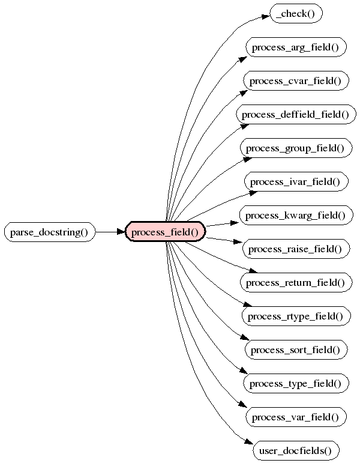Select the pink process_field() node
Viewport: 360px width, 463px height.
coord(165,232)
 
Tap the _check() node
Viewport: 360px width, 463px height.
coord(296,13)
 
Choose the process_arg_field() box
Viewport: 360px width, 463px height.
coord(296,47)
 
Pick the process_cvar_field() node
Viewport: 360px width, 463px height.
coord(296,80)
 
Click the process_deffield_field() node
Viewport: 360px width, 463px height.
coord(296,114)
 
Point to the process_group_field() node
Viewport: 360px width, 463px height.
coord(296,148)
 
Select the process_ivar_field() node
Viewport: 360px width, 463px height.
coord(296,181)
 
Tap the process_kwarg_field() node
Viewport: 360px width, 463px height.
coord(296,215)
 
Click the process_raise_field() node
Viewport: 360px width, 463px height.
coord(296,249)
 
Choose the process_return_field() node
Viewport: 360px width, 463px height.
coord(296,282)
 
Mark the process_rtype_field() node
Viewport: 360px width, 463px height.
coord(296,316)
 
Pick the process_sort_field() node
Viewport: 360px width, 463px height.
coord(296,350)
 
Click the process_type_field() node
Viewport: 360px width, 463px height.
coord(296,383)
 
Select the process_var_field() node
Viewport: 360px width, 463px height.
coord(296,417)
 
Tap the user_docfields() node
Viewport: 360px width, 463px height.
coord(296,450)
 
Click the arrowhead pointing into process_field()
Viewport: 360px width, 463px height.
coord(120,232)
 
